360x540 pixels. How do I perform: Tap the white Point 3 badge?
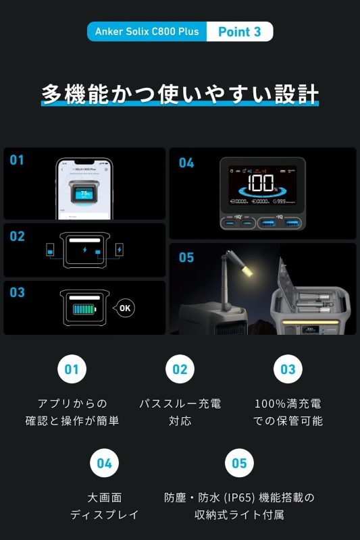pos(239,32)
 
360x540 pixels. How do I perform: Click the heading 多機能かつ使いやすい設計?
pos(180,94)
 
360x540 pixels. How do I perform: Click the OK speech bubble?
pos(124,308)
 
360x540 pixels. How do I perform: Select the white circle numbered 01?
pos(72,369)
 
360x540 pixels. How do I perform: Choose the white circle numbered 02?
pos(180,369)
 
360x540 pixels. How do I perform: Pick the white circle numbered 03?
pos(288,369)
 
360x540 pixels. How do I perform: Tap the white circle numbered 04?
pos(104,464)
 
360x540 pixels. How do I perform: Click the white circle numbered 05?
pos(239,464)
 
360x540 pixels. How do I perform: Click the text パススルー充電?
pos(180,404)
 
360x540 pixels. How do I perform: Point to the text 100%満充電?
pos(288,404)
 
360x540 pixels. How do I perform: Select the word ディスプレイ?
pos(104,514)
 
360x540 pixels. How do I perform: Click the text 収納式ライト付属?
pos(239,514)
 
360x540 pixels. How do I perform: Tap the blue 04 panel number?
pos(186,163)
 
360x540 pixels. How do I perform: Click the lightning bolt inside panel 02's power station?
pos(84,250)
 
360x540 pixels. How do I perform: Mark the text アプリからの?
pos(72,404)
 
